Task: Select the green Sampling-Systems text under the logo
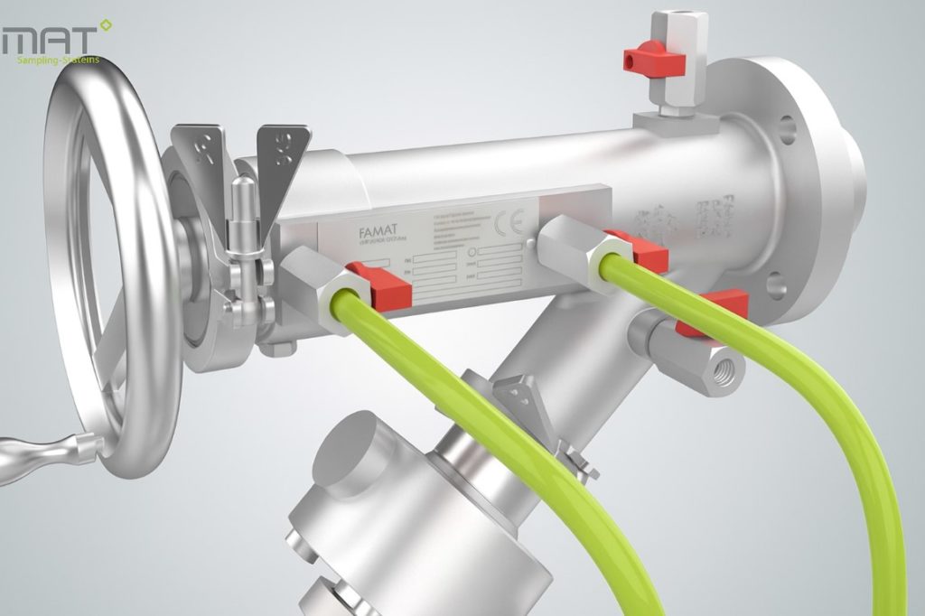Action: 59,61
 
